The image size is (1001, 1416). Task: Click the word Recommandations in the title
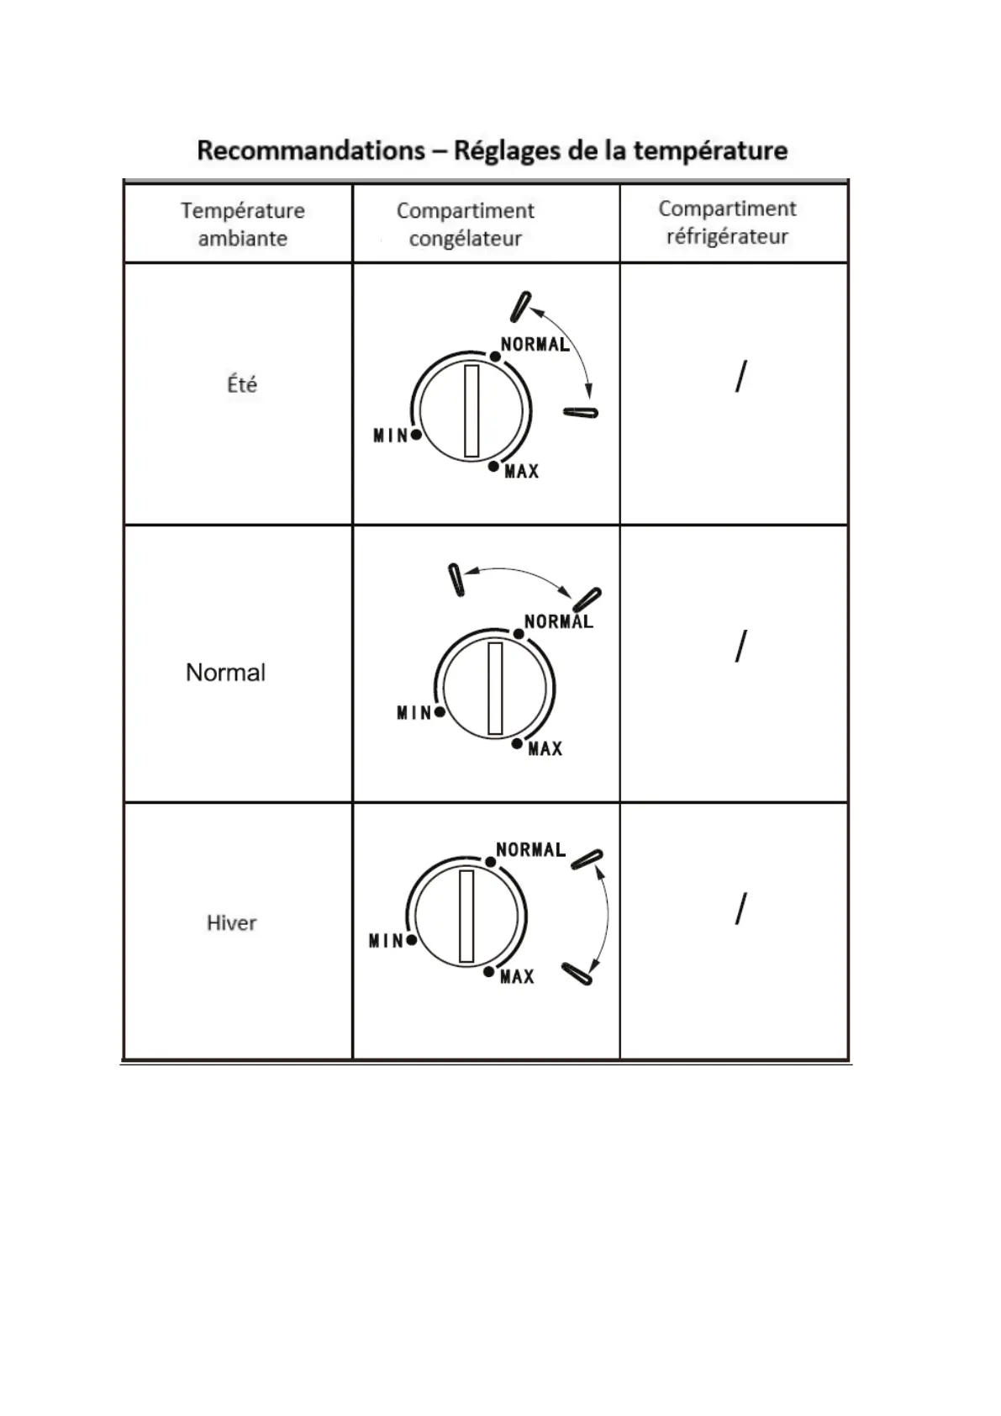point(311,151)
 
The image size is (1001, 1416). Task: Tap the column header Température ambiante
point(242,224)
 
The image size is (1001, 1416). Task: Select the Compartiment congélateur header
point(465,224)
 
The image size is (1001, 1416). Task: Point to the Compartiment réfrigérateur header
point(727,222)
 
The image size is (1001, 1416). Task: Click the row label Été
point(242,384)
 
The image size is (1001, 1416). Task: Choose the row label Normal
point(225,672)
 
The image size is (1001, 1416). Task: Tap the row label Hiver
point(231,922)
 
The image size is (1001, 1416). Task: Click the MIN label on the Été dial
point(390,436)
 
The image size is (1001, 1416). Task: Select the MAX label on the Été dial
point(521,472)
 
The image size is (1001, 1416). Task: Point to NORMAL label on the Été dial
point(535,344)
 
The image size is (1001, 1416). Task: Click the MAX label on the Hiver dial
point(517,977)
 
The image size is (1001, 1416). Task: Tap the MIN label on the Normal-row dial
point(414,713)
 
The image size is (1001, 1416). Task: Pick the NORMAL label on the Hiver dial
point(530,850)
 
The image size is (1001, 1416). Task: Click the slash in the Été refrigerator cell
point(740,377)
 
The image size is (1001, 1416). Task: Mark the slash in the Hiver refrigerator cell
point(740,909)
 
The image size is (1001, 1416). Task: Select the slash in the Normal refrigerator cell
point(740,647)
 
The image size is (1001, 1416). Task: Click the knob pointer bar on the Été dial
point(472,410)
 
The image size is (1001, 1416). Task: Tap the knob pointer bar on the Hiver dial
point(466,916)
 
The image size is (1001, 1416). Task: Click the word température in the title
point(710,151)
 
